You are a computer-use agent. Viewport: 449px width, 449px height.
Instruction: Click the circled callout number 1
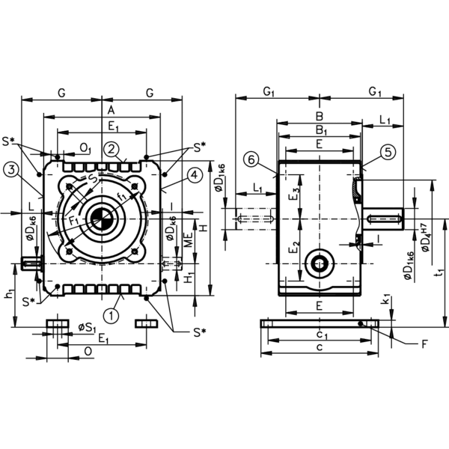pos(111,316)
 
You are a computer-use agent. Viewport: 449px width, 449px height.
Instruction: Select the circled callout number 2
pos(112,150)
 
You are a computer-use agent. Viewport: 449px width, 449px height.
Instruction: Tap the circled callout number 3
pos(11,170)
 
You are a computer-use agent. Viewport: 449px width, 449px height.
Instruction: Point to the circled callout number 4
pos(195,174)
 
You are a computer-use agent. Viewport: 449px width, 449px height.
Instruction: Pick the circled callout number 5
pos(388,152)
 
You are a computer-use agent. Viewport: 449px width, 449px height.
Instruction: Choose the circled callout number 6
pos(251,160)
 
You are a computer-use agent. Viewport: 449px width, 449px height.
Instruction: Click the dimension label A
pos(111,110)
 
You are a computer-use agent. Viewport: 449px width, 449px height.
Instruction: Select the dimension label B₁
pos(321,130)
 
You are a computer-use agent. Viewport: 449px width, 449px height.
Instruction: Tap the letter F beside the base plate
pos(424,344)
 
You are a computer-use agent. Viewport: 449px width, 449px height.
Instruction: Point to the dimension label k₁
pos(387,300)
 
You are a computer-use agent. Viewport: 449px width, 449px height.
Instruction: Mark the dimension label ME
pos(188,240)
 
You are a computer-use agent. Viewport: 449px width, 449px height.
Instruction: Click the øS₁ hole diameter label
pos(87,328)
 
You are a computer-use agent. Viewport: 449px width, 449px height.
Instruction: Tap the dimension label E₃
pos(296,194)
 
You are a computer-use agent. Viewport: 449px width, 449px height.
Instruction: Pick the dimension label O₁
pos(85,148)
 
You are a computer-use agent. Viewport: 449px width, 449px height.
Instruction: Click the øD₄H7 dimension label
pos(426,237)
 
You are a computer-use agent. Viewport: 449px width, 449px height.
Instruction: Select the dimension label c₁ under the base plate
pos(321,335)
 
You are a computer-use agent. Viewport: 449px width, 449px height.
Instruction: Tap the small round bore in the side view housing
pos(319,263)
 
